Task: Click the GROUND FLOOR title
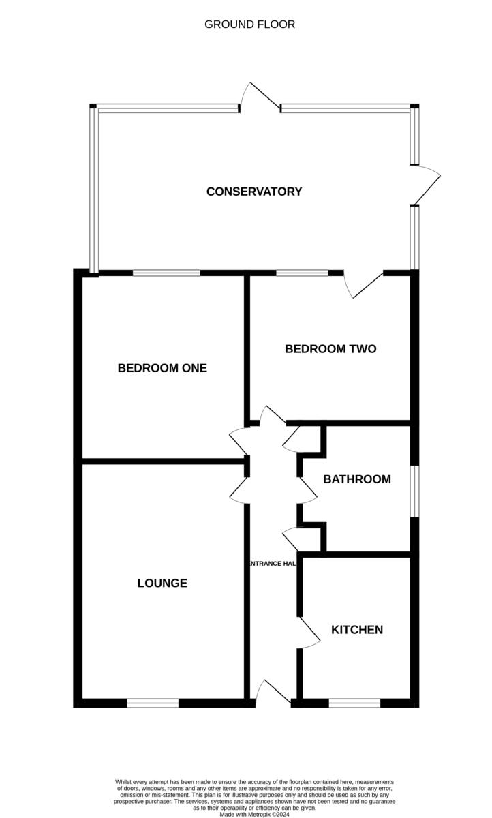[x=249, y=25]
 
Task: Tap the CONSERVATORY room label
[x=254, y=192]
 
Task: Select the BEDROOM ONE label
[x=162, y=368]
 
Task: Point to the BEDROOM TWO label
[x=330, y=349]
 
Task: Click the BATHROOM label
[x=357, y=479]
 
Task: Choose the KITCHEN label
[x=357, y=629]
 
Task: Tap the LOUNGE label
[x=162, y=584]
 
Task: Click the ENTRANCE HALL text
[x=273, y=564]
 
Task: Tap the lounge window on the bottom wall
[x=153, y=702]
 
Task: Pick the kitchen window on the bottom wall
[x=354, y=702]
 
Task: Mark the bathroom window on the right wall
[x=414, y=491]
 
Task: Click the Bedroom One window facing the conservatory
[x=166, y=273]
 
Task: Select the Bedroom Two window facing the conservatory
[x=302, y=273]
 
